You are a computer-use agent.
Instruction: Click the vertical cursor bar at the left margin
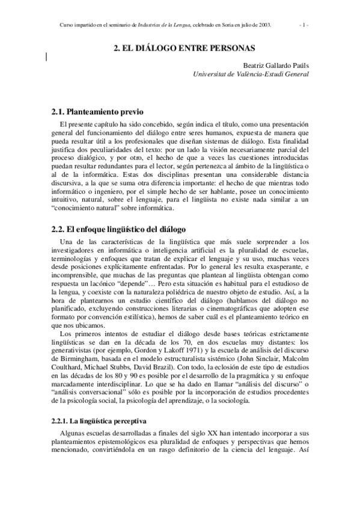pos(46,57)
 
